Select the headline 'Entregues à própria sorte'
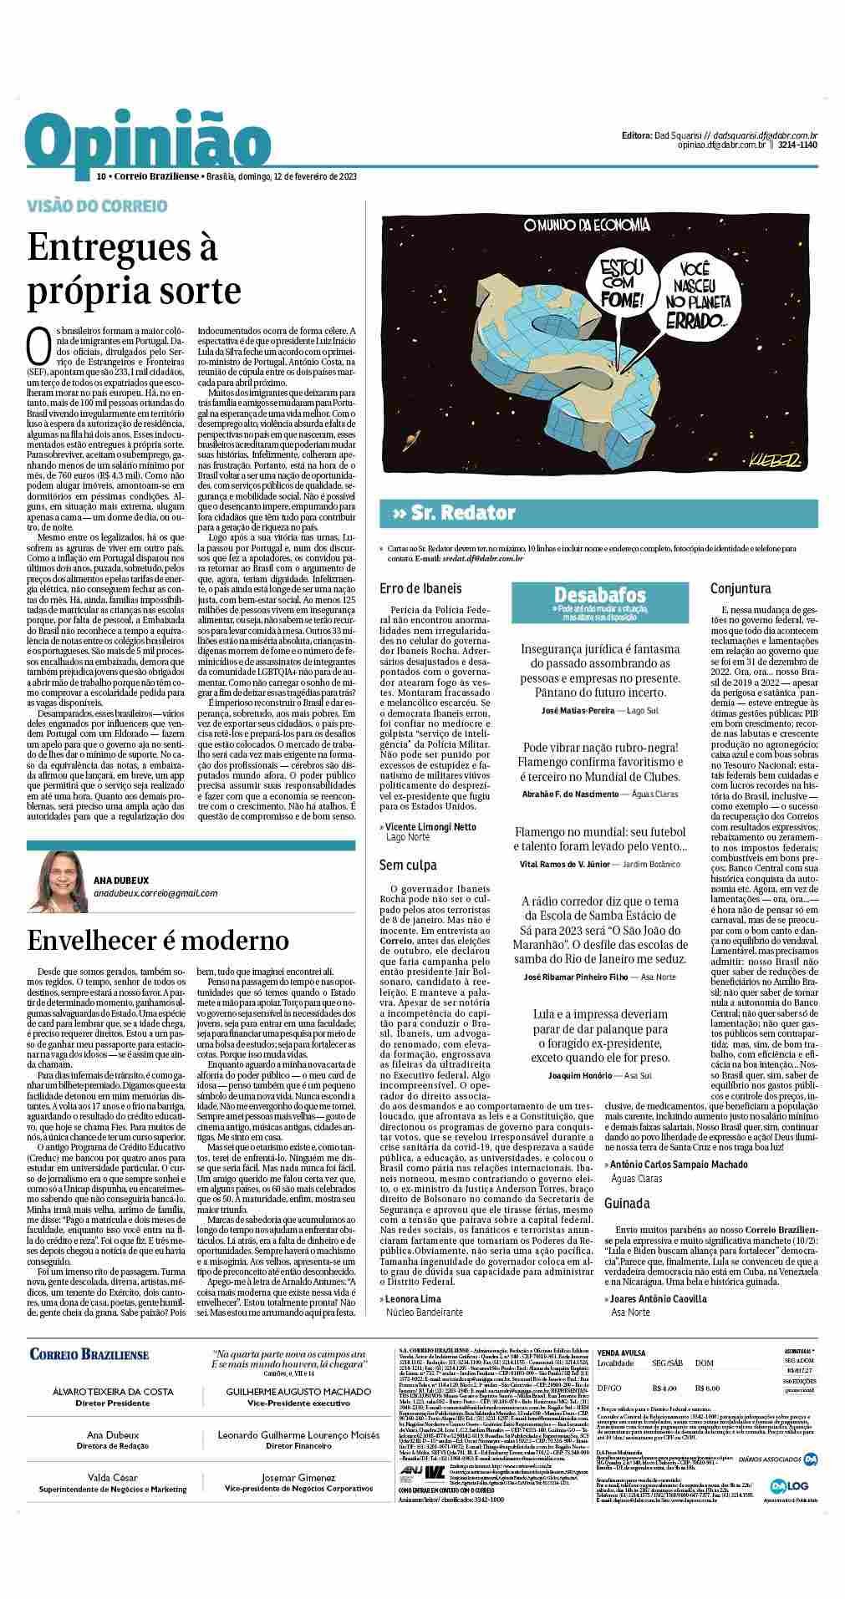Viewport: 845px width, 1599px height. [x=134, y=269]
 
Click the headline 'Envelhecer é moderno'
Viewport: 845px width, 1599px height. [x=158, y=939]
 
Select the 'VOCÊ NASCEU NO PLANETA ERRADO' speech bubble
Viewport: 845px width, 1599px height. [x=693, y=294]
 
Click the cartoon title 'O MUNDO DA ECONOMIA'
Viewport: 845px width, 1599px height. [x=586, y=225]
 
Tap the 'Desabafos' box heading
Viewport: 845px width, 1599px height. [x=600, y=595]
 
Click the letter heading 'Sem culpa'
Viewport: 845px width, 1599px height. [x=408, y=865]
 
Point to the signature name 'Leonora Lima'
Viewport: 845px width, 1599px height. [x=413, y=1299]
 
